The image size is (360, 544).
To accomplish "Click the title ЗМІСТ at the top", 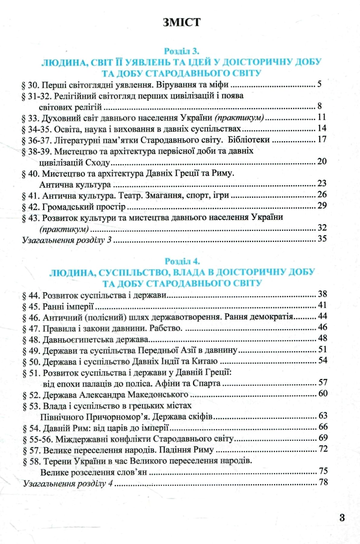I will click(181, 23).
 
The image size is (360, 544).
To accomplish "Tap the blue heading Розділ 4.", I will click(182, 261).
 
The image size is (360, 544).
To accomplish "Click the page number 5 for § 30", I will click(319, 84).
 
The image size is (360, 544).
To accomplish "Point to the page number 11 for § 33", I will click(322, 117).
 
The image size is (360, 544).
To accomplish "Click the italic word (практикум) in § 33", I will click(239, 118).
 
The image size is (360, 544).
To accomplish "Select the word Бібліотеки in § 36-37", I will click(249, 140).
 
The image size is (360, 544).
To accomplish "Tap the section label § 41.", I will click(31, 196).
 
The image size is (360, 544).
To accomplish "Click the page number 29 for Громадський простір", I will click(322, 206).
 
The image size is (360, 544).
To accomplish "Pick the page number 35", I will click(322, 239).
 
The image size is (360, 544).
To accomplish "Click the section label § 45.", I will click(31, 306).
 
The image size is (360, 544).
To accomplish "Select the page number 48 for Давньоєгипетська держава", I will click(323, 338).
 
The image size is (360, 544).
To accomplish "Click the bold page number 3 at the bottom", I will click(342, 518).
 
